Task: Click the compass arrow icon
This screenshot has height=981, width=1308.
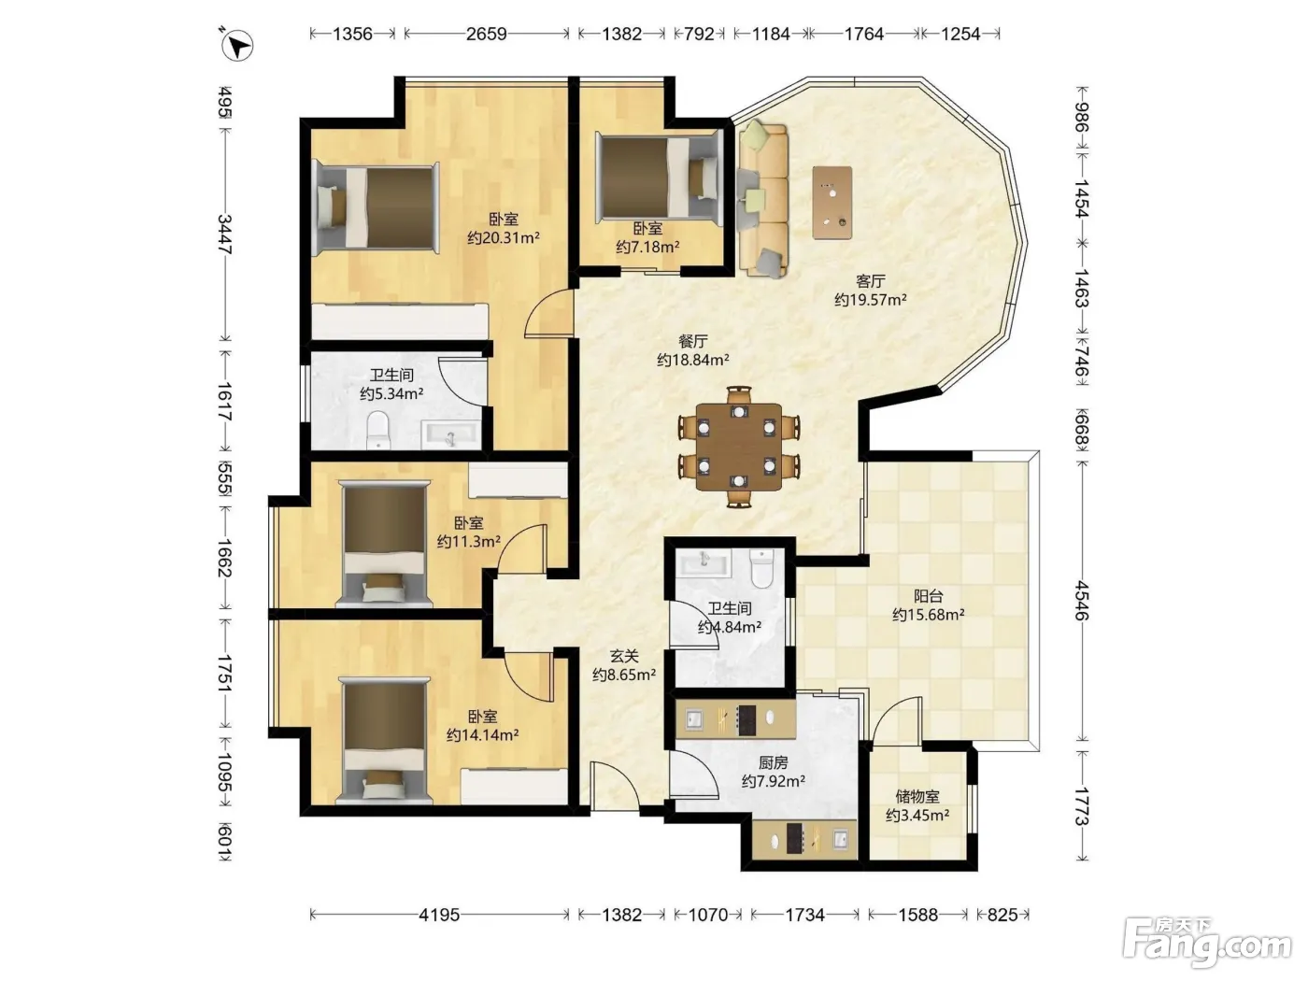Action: coord(237,45)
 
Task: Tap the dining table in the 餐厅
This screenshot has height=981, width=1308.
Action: coord(739,447)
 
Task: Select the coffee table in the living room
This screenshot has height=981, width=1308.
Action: coord(832,203)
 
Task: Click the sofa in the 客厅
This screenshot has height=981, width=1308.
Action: coord(762,200)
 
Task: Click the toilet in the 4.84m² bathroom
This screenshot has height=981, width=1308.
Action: coord(761,568)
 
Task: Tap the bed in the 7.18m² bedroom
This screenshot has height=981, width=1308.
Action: coord(660,177)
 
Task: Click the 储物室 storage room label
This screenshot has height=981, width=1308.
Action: coord(917,796)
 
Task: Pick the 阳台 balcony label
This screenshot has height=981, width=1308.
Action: coord(928,596)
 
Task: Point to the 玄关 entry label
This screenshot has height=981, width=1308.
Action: coord(624,656)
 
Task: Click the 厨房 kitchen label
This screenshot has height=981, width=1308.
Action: coord(773,761)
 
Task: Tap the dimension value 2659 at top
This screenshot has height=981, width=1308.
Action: coord(486,34)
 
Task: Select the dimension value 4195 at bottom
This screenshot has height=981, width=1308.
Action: coord(439,915)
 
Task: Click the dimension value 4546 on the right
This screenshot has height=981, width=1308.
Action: coord(1082,601)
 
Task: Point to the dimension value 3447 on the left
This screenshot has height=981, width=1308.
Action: coord(224,235)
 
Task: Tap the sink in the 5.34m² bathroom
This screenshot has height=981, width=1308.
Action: coord(450,434)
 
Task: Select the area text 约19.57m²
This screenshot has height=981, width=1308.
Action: coord(870,300)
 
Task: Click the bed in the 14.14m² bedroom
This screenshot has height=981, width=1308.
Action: coord(385,739)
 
